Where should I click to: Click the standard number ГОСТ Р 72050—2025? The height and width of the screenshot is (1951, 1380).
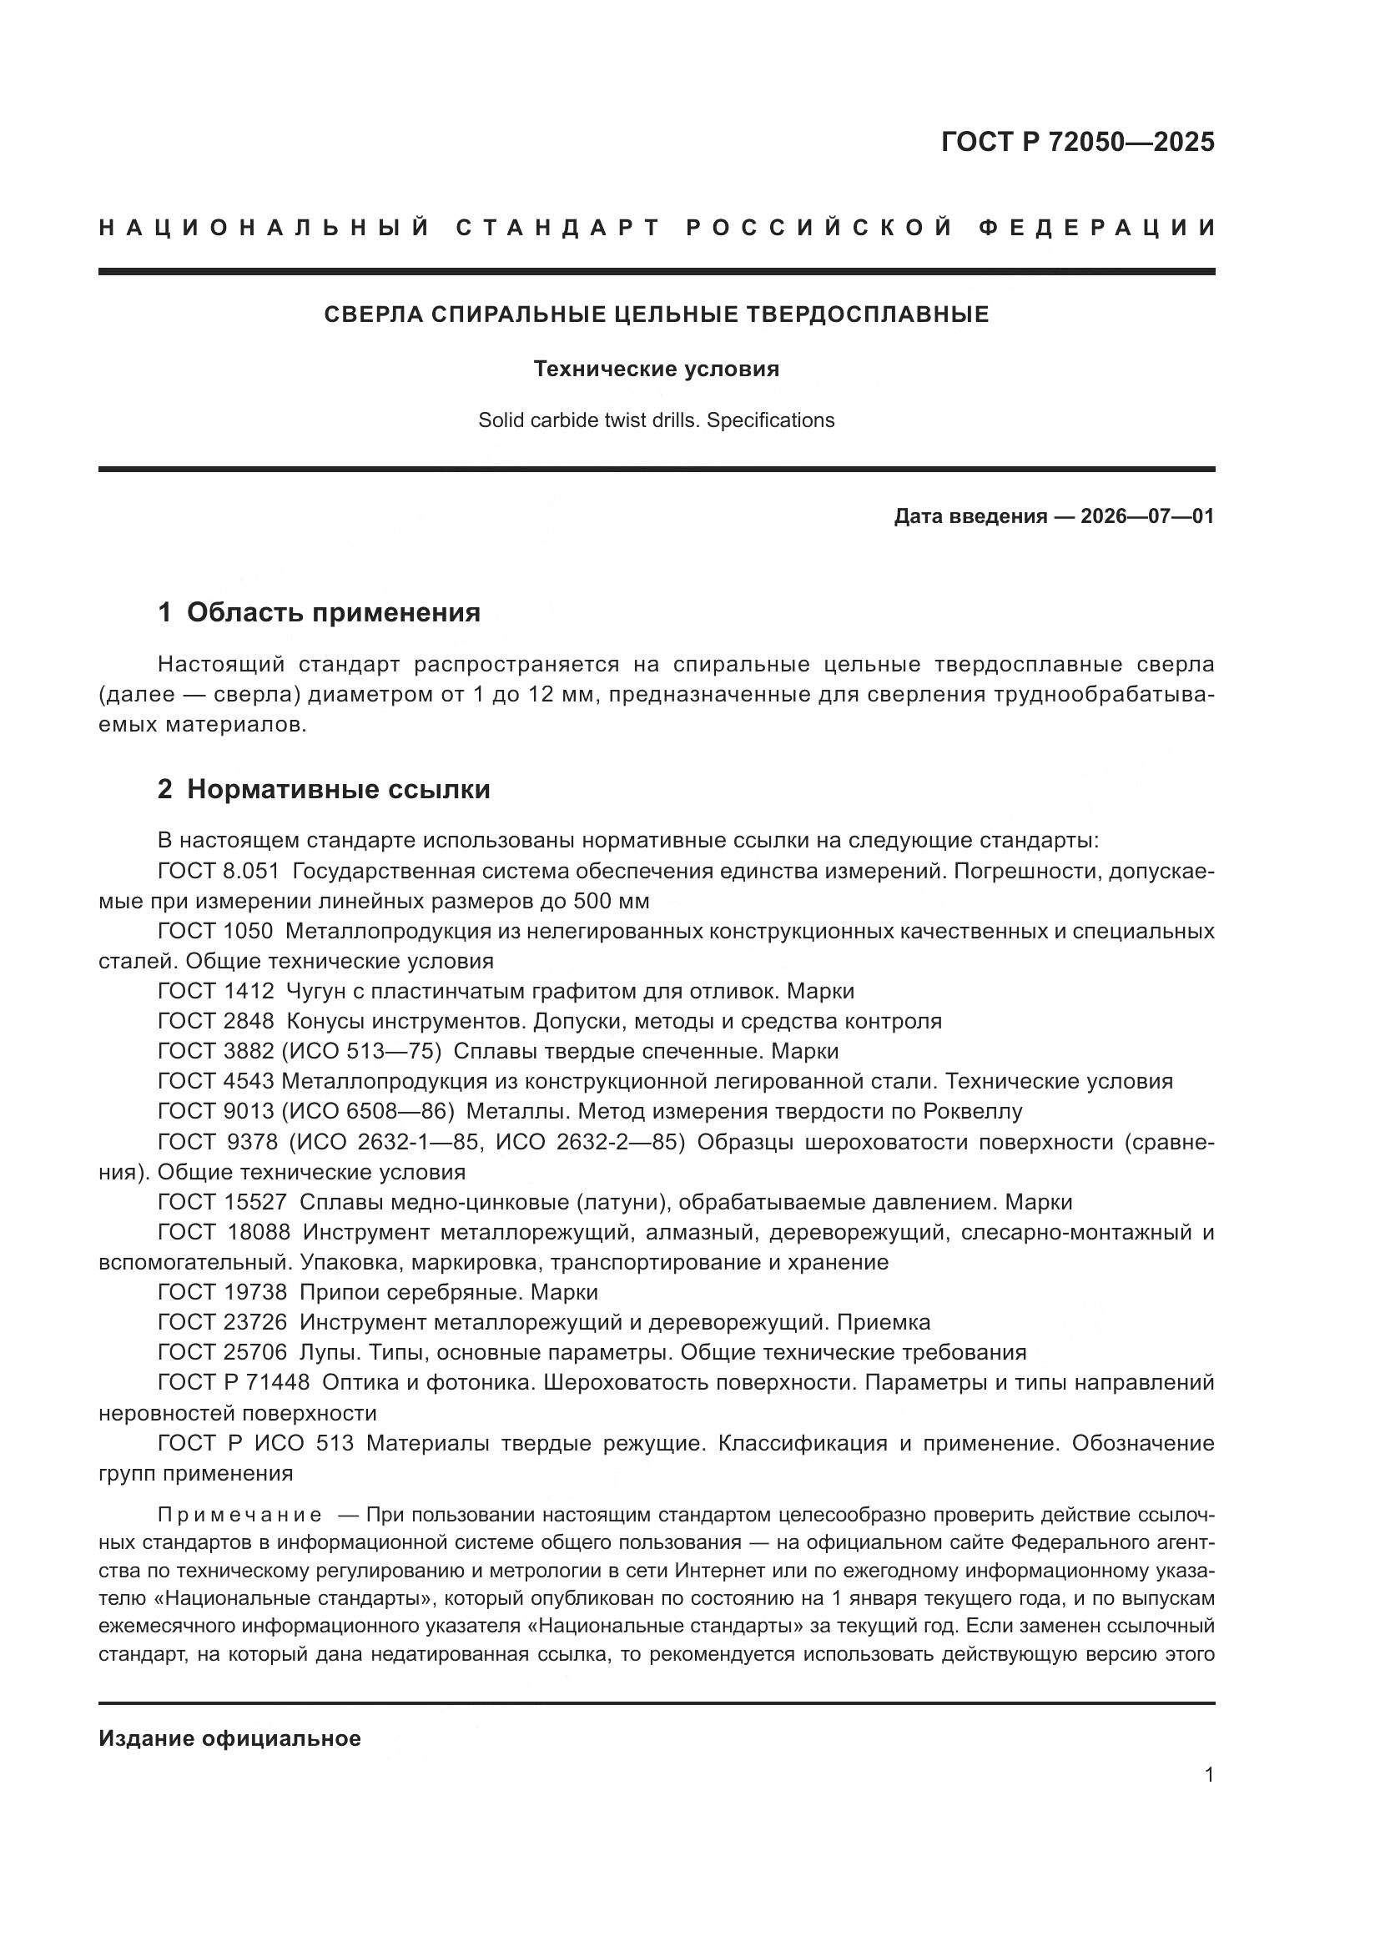(x=1077, y=142)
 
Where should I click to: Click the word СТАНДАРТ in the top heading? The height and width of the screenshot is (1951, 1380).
(x=558, y=228)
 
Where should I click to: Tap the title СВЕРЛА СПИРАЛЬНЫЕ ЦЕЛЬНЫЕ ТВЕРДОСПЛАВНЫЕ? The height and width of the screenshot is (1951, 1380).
(x=656, y=315)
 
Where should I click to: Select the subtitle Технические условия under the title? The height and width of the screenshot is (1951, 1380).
(x=656, y=370)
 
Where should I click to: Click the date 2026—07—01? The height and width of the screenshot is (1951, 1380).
(x=1146, y=516)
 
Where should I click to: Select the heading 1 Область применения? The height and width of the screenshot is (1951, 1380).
(x=319, y=613)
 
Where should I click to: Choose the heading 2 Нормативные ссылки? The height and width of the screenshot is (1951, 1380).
(x=324, y=789)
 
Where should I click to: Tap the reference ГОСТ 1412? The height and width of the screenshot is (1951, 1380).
(x=216, y=991)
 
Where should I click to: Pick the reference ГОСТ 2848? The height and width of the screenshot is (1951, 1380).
(x=216, y=1020)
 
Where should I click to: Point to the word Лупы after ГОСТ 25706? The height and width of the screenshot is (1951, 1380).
(x=326, y=1353)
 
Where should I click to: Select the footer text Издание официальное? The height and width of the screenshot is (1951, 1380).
(x=229, y=1738)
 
